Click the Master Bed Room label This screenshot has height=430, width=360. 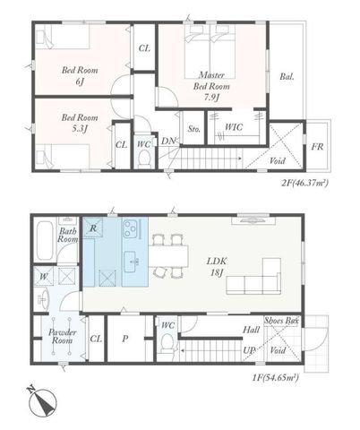tap(211, 86)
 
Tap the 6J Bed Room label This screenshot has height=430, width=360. tap(80, 75)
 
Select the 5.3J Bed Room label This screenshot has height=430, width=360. tap(80, 123)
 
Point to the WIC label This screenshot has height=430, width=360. tap(234, 127)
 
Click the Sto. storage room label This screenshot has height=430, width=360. tap(193, 129)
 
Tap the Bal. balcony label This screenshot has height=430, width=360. tap(287, 76)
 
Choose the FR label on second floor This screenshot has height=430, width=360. tap(317, 147)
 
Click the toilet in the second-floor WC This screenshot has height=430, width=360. tap(145, 159)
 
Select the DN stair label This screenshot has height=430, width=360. tap(168, 142)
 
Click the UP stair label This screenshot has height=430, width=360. tap(248, 350)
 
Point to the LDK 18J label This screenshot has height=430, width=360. tap(217, 267)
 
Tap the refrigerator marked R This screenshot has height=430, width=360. tap(93, 228)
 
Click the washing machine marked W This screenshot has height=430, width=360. tap(44, 277)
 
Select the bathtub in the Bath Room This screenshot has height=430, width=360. tap(45, 241)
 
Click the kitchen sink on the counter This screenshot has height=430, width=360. tap(133, 262)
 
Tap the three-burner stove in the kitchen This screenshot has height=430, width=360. tap(131, 228)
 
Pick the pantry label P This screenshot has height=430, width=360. tap(125, 339)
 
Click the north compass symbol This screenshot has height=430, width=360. tap(42, 402)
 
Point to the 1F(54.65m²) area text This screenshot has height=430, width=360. tap(276, 378)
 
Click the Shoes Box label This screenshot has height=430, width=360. tap(281, 321)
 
